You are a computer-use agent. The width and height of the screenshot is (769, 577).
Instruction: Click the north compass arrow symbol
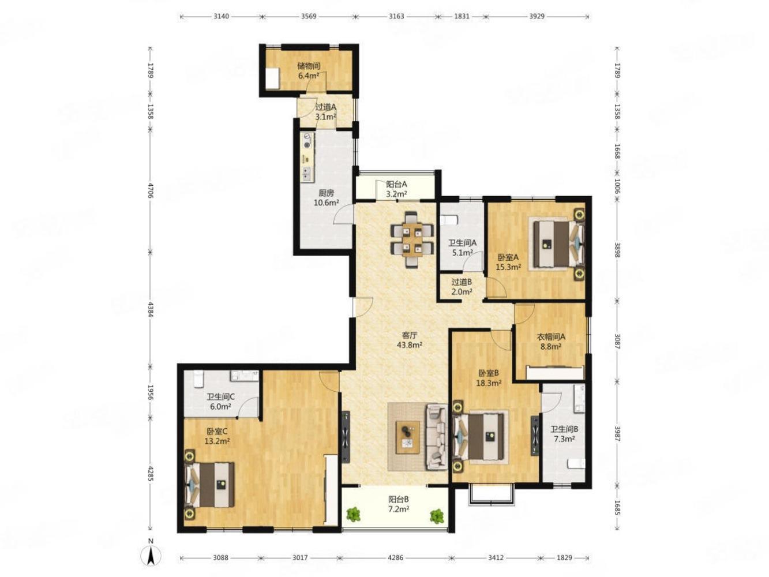(x=151, y=556)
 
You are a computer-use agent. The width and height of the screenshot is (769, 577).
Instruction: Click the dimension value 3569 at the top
(x=309, y=16)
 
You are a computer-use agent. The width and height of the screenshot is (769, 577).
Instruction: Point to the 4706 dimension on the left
(x=151, y=190)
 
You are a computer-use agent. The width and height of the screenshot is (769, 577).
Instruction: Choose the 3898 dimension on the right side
(x=617, y=249)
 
